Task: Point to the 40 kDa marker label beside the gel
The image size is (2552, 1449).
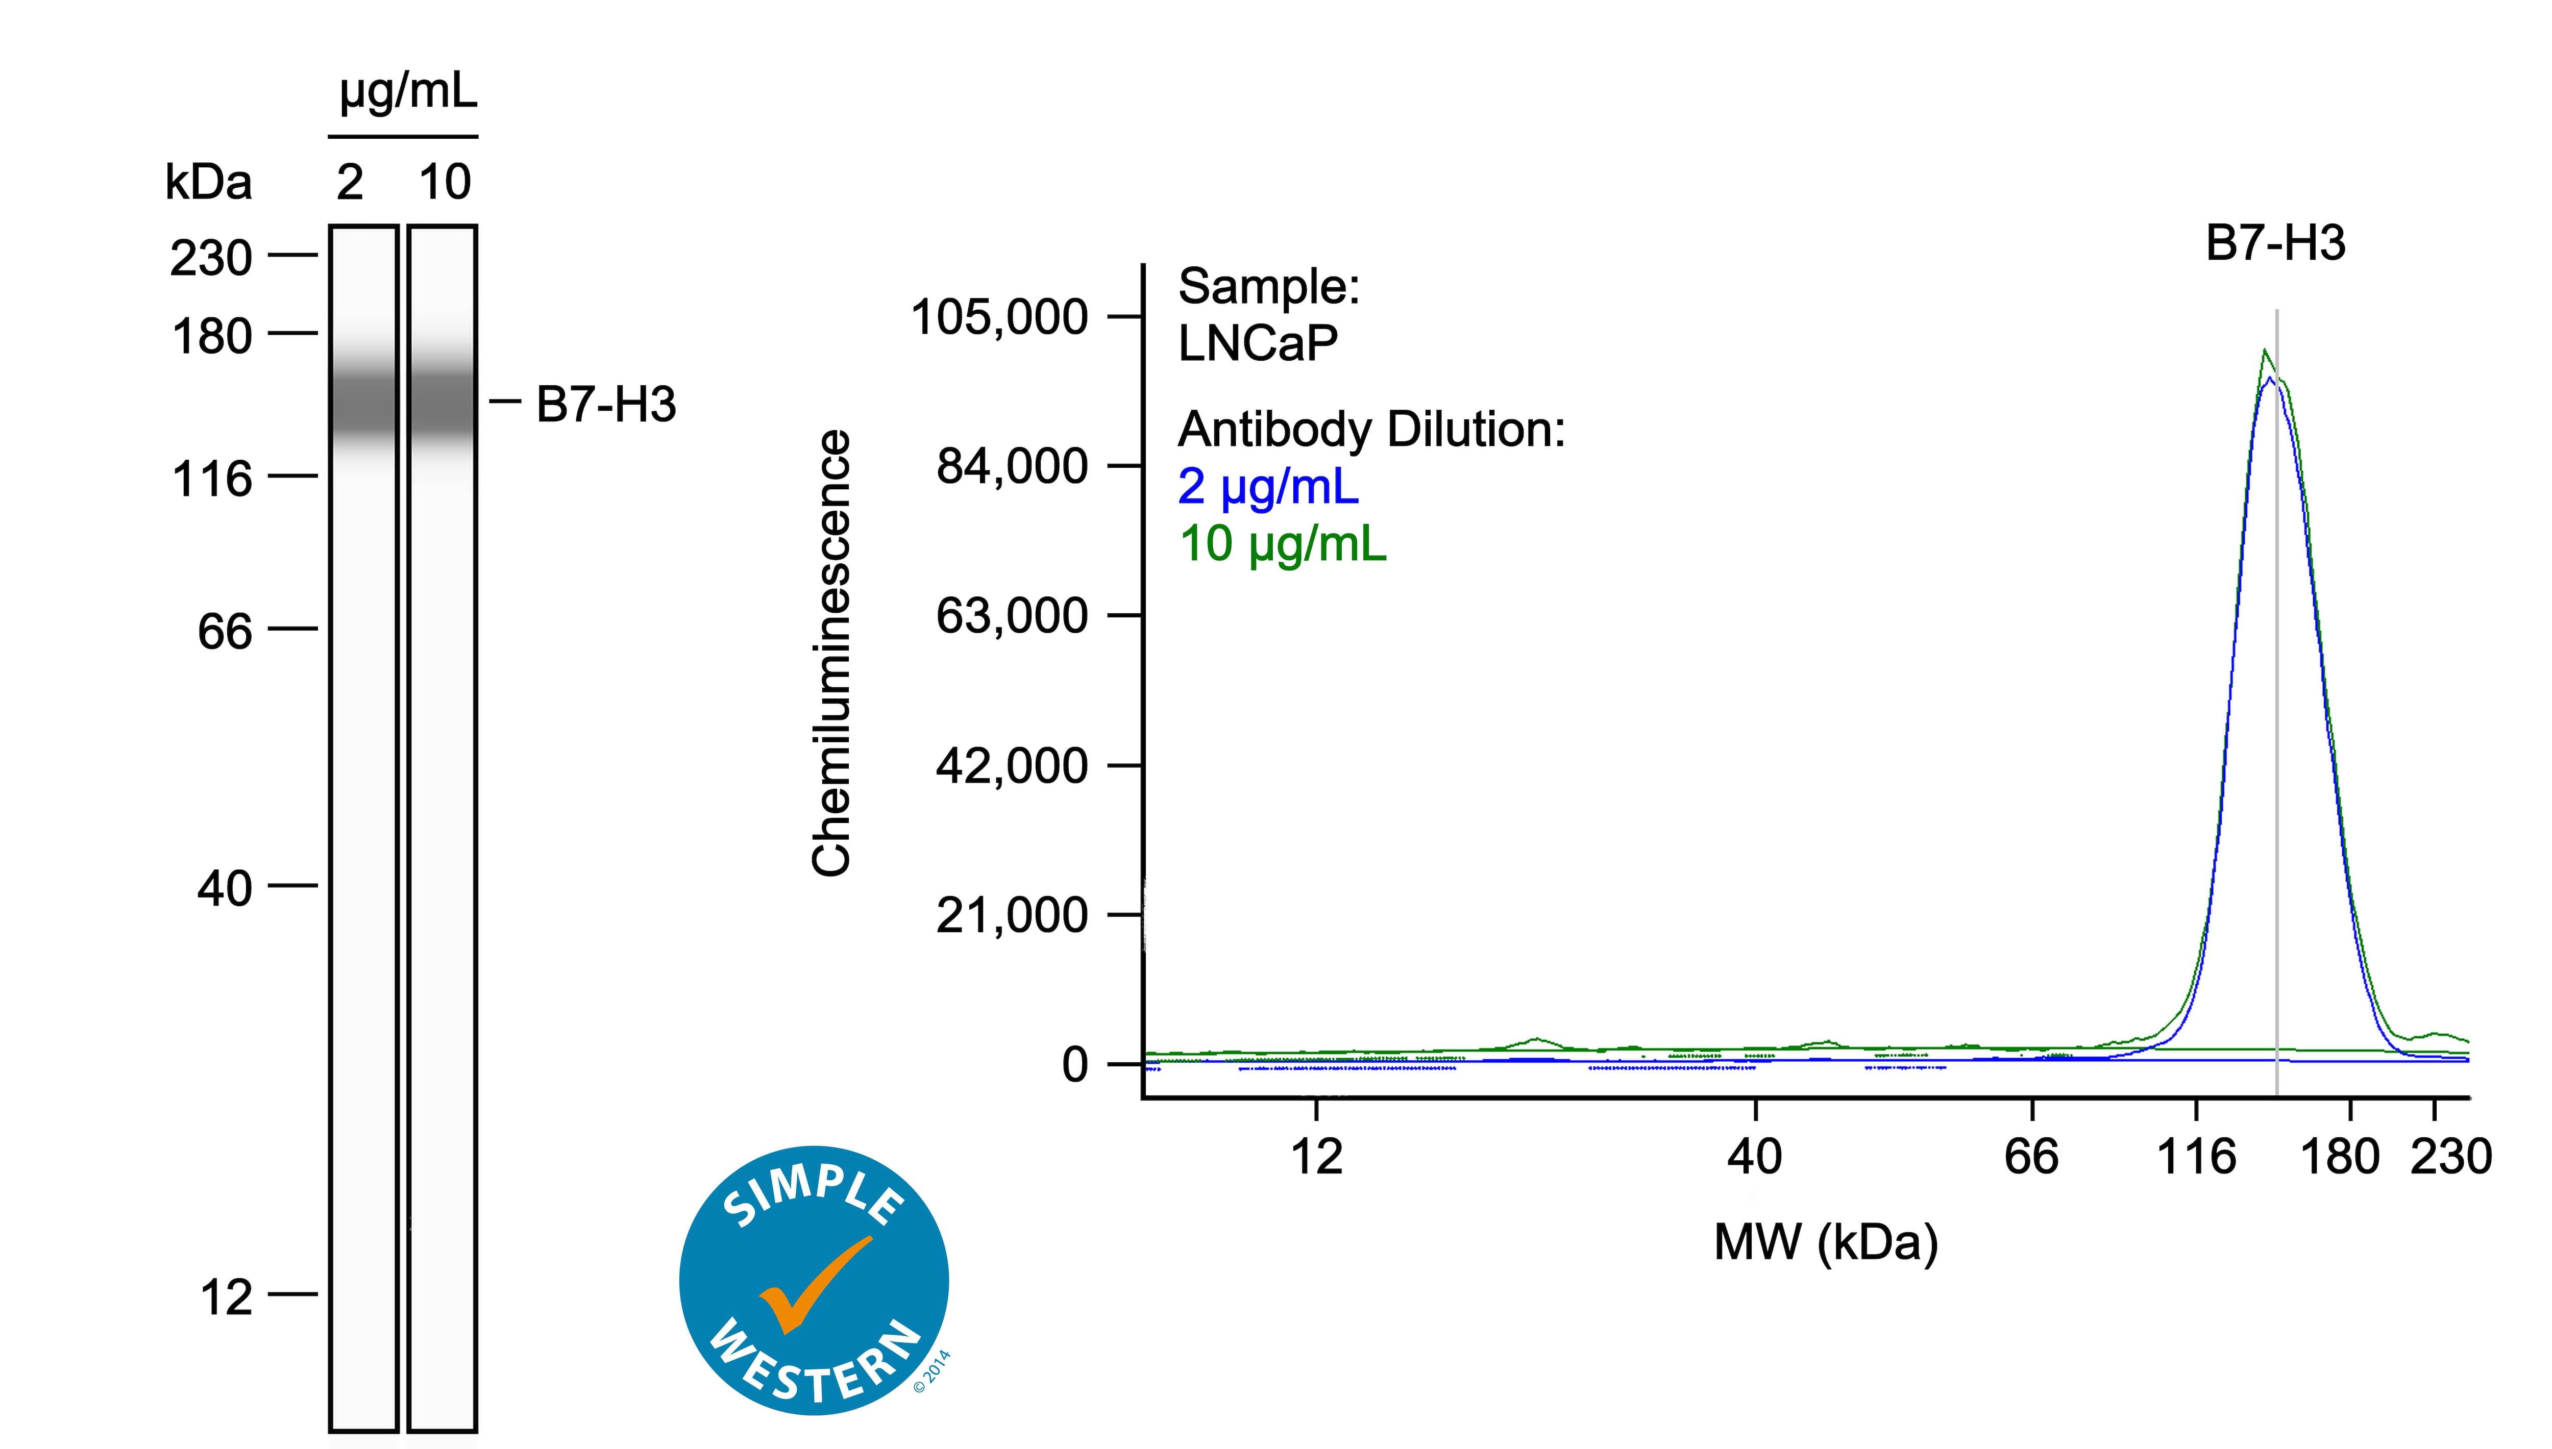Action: coord(225,888)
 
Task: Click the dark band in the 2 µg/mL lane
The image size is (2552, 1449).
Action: coord(363,403)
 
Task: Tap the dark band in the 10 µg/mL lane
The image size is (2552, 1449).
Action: coord(442,403)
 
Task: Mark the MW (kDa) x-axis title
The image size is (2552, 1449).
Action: coord(1825,1242)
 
